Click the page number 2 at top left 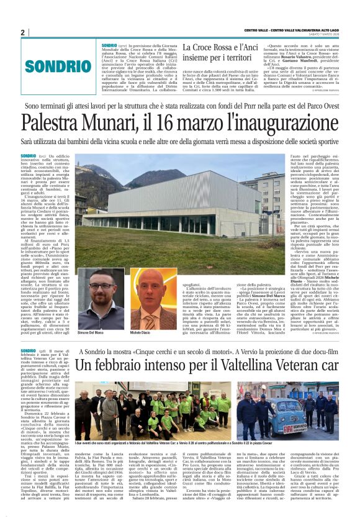tap(22, 32)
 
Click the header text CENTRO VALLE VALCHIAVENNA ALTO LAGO tap(295, 31)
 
